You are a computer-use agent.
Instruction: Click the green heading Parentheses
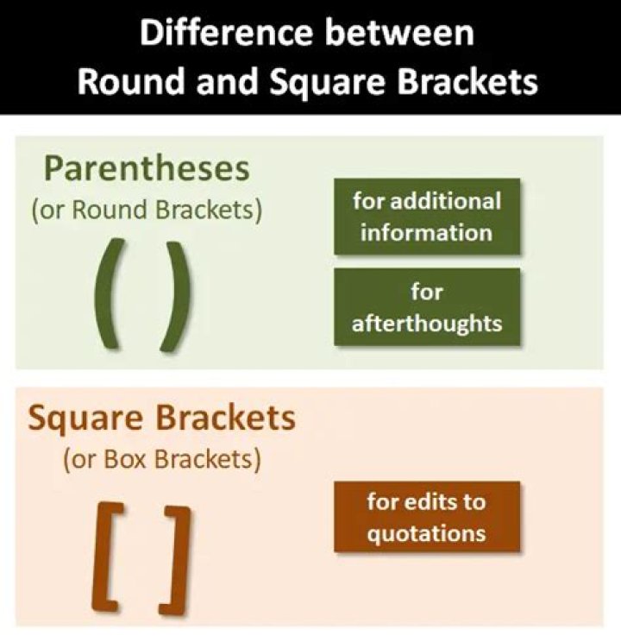tap(147, 168)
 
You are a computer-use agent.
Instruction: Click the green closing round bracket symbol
tap(173, 295)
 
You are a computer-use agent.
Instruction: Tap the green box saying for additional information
tap(427, 217)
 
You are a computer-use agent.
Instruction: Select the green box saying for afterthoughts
tap(427, 306)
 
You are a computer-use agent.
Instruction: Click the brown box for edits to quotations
tap(427, 517)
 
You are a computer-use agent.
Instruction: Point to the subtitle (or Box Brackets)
tap(161, 459)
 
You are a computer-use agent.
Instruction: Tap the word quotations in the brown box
tap(427, 533)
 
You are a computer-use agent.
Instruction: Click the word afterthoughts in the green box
tap(427, 323)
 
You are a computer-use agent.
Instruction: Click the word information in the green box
tap(427, 233)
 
